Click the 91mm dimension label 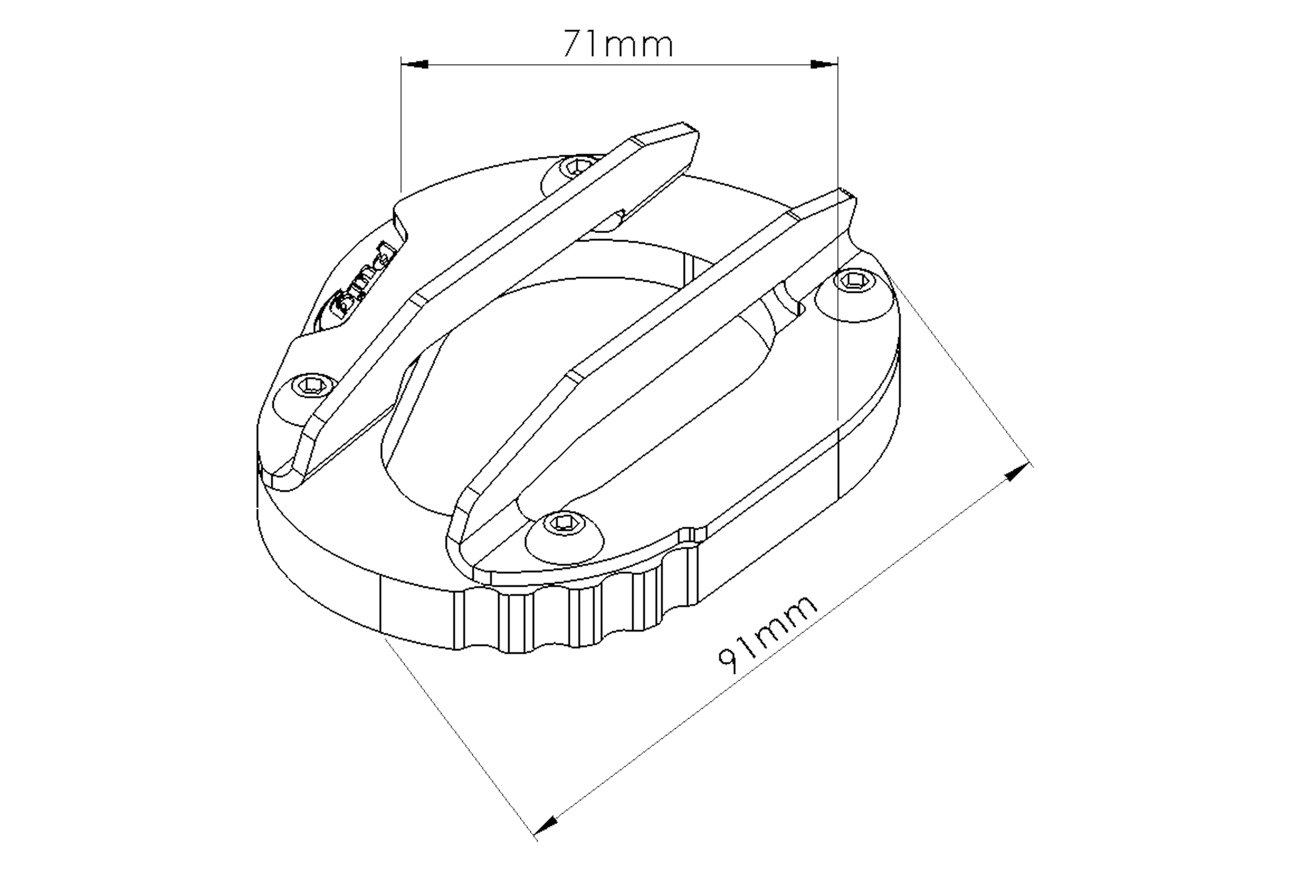click(766, 636)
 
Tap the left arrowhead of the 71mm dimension click(415, 65)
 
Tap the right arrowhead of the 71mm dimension click(824, 65)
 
